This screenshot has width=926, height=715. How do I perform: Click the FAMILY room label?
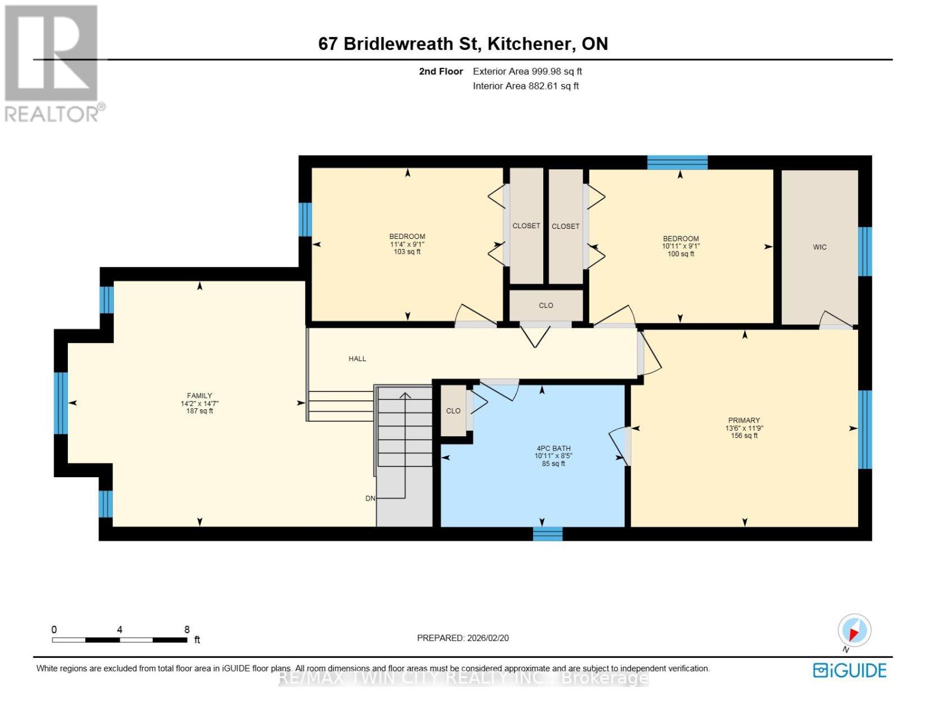click(x=199, y=396)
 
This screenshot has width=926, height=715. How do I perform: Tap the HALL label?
click(x=357, y=359)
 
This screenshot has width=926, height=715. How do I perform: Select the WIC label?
click(x=820, y=247)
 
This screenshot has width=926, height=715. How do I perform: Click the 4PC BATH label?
click(x=553, y=449)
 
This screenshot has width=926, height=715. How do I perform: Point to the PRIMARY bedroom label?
click(x=744, y=421)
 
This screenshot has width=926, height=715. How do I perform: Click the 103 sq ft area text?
click(x=407, y=252)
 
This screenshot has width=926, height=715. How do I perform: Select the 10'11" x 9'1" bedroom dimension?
click(x=680, y=246)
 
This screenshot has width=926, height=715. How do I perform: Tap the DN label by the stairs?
click(x=370, y=498)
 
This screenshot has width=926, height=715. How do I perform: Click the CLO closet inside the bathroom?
click(x=453, y=411)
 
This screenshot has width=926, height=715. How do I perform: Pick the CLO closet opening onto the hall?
click(x=546, y=306)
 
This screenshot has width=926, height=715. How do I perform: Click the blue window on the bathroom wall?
click(x=547, y=533)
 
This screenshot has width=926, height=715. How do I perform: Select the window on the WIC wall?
click(x=865, y=251)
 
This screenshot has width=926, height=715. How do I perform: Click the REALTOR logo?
click(x=52, y=63)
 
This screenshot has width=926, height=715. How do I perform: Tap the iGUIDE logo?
click(x=850, y=670)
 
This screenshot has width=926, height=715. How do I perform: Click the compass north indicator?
click(x=854, y=631)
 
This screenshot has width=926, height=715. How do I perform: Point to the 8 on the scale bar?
click(x=187, y=630)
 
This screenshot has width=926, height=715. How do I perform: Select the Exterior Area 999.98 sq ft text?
click(x=527, y=71)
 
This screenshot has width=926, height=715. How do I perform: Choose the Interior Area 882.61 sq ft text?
click(x=525, y=86)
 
